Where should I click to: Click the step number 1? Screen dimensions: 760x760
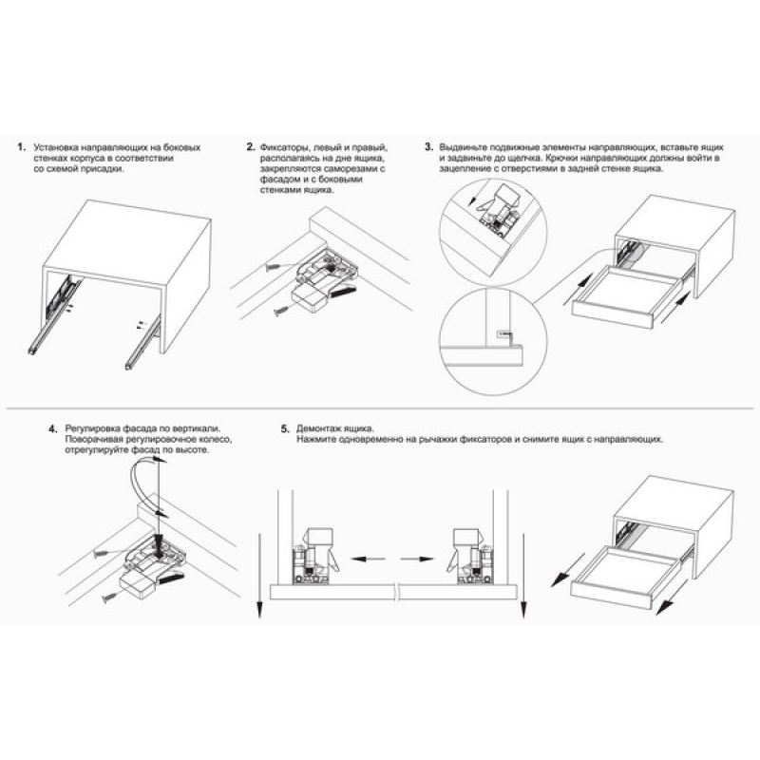point(21,147)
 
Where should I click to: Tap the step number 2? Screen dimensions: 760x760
point(250,147)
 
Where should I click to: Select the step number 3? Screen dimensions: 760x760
point(429,147)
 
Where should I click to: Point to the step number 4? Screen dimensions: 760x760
point(53,429)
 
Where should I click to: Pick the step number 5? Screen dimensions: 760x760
point(285,429)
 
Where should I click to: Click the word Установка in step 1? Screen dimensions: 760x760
point(55,147)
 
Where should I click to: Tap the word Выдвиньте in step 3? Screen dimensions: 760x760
point(463,147)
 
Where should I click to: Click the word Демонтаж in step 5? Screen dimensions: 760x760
point(319,429)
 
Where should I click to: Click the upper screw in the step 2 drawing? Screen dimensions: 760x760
point(274,267)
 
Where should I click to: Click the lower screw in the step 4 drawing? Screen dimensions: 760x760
point(109,598)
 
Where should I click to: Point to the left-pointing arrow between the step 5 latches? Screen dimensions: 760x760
point(368,559)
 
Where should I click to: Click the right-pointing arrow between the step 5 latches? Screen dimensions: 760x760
point(417,559)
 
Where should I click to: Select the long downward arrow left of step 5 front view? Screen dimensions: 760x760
point(259,576)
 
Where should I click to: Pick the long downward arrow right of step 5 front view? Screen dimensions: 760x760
point(523,576)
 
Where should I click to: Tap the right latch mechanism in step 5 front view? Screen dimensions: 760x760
point(469,557)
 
